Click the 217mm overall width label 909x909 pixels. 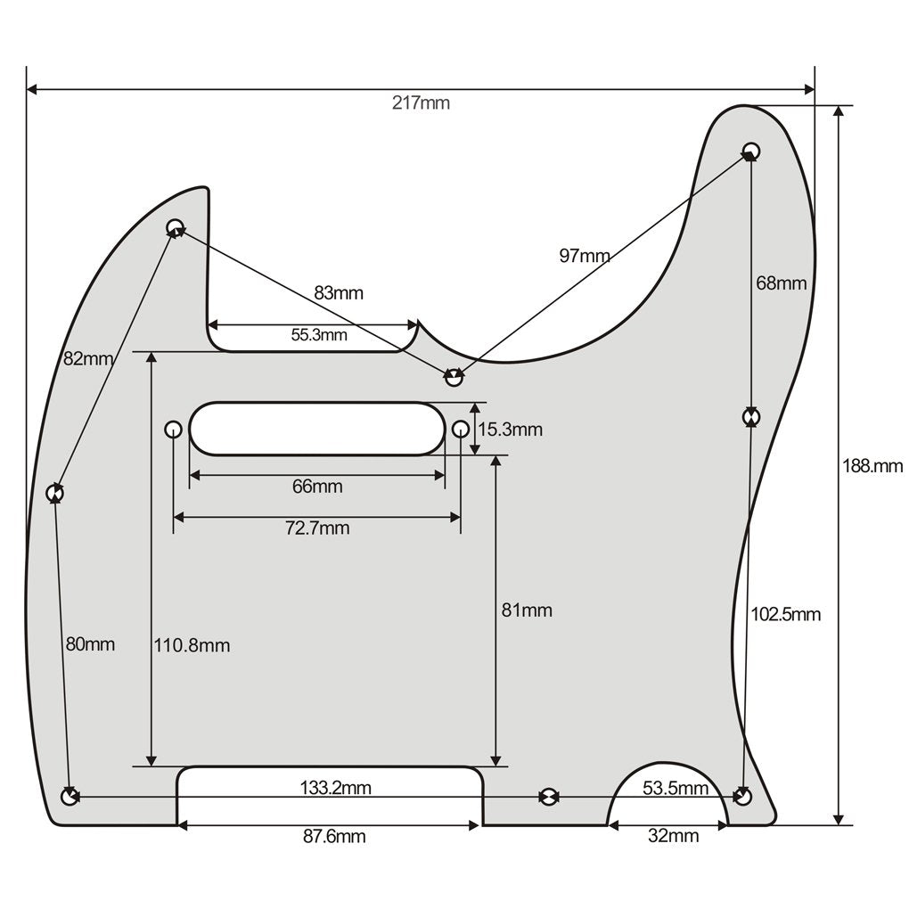click(x=421, y=102)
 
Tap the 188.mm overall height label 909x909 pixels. click(x=872, y=466)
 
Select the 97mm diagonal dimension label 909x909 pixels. click(x=585, y=256)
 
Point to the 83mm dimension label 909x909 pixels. click(x=339, y=292)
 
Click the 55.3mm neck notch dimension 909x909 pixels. click(x=319, y=335)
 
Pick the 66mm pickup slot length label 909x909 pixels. click(x=317, y=487)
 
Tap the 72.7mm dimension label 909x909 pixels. click(x=317, y=528)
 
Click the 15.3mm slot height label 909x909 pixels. click(x=510, y=430)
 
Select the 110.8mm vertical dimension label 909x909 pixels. click(x=192, y=645)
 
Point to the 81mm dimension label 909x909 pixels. click(x=527, y=610)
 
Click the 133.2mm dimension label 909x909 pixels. click(x=336, y=788)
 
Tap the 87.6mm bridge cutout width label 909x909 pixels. click(x=334, y=837)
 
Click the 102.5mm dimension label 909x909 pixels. click(x=785, y=614)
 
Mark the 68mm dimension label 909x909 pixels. click(x=781, y=283)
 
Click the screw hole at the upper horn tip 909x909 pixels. click(x=751, y=150)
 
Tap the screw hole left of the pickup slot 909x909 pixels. click(x=173, y=430)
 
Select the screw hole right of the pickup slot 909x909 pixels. click(x=460, y=430)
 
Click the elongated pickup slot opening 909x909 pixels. click(x=316, y=429)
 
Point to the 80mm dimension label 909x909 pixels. click(x=89, y=644)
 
